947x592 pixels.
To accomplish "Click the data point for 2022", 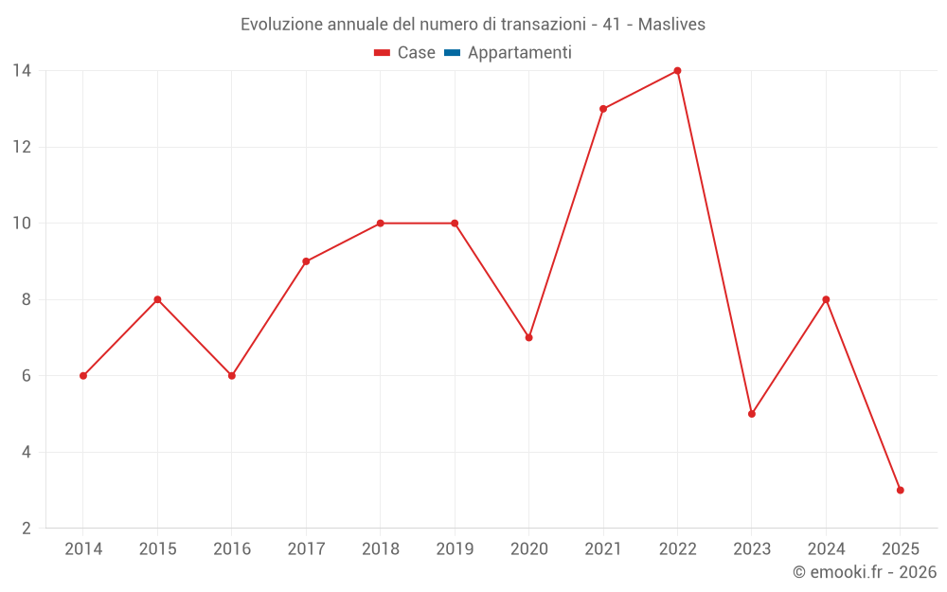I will tap(677, 71).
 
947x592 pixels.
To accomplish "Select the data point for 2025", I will tap(900, 490).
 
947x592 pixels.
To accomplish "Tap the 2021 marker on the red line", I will tap(603, 109).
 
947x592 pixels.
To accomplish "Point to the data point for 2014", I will tap(83, 376).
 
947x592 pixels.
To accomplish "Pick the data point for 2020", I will tap(528, 337).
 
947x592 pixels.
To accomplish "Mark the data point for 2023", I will tap(752, 414).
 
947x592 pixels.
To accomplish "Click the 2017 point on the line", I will tap(306, 261).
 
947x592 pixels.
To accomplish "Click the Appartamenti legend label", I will tap(519, 53).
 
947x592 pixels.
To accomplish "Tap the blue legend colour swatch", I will tap(452, 53).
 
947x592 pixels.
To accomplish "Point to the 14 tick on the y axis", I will tap(21, 71).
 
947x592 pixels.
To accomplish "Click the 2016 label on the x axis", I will tap(232, 549).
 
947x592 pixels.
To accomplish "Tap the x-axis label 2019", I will tap(455, 549).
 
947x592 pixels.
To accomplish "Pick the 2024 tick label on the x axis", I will tap(826, 549).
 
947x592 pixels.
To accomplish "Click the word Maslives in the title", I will tap(671, 25).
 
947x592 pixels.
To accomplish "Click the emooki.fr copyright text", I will tap(865, 572).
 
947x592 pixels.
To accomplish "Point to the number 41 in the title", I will tap(612, 25).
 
